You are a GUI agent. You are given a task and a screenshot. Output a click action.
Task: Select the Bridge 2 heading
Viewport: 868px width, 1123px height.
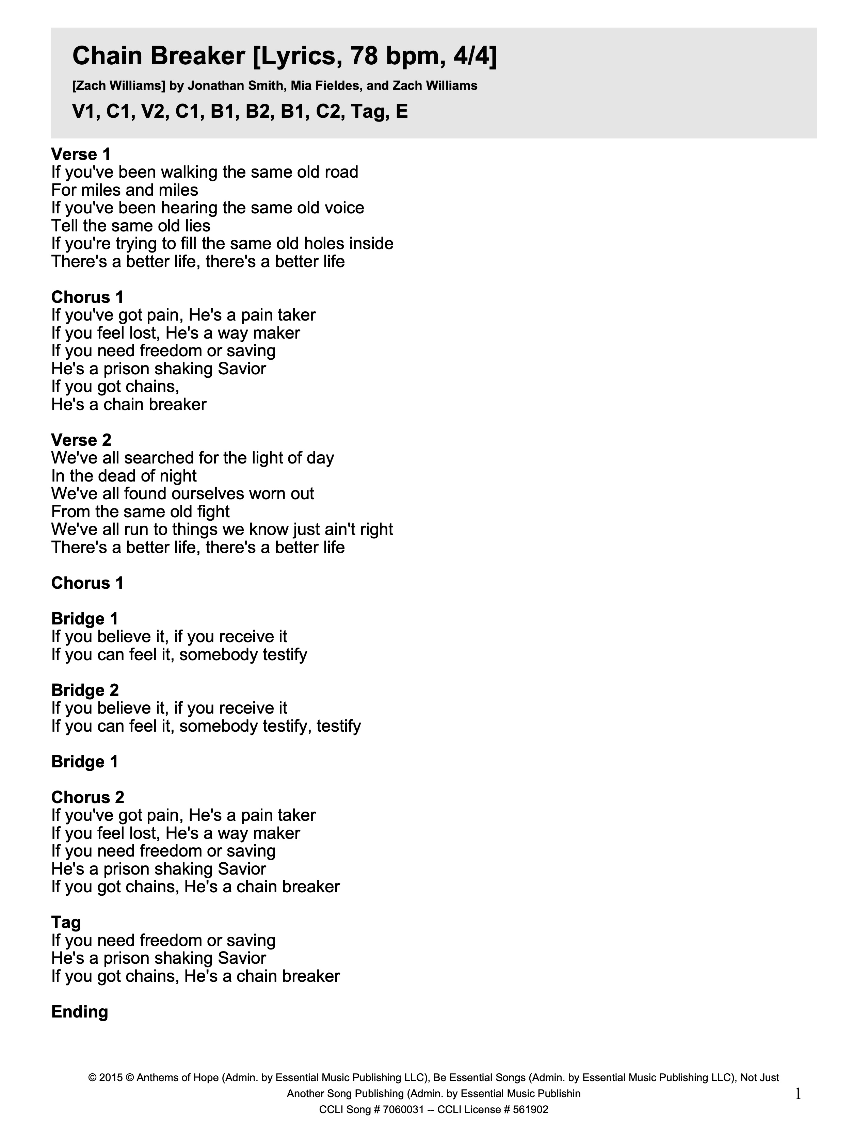tap(85, 690)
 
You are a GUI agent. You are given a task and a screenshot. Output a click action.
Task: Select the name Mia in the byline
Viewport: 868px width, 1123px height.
tap(300, 86)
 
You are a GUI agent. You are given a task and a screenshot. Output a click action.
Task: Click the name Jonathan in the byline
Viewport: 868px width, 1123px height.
tap(210, 86)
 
